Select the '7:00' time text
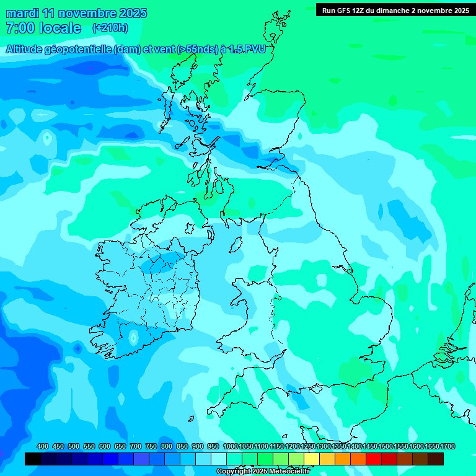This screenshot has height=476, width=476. point(19,28)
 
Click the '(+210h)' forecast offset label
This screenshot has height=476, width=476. point(110,27)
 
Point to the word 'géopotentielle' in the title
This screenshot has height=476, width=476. point(79,50)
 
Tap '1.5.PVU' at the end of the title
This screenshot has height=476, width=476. point(247,50)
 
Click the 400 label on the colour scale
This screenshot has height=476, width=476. point(43,446)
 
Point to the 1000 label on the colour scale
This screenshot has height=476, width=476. point(231,446)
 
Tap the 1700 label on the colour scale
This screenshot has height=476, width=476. point(447,446)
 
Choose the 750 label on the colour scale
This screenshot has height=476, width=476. point(151,446)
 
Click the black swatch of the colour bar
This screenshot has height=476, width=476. point(33,459)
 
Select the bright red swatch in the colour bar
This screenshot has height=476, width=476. point(374,459)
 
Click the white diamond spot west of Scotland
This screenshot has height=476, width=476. point(46,138)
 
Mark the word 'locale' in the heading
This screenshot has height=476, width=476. point(60,28)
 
